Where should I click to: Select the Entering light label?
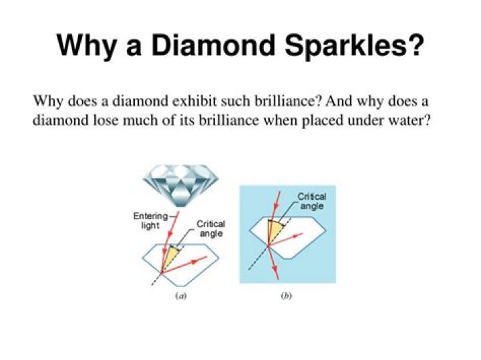click(x=150, y=221)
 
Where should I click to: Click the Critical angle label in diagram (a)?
click(x=210, y=228)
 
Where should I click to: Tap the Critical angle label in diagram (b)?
click(x=311, y=202)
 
